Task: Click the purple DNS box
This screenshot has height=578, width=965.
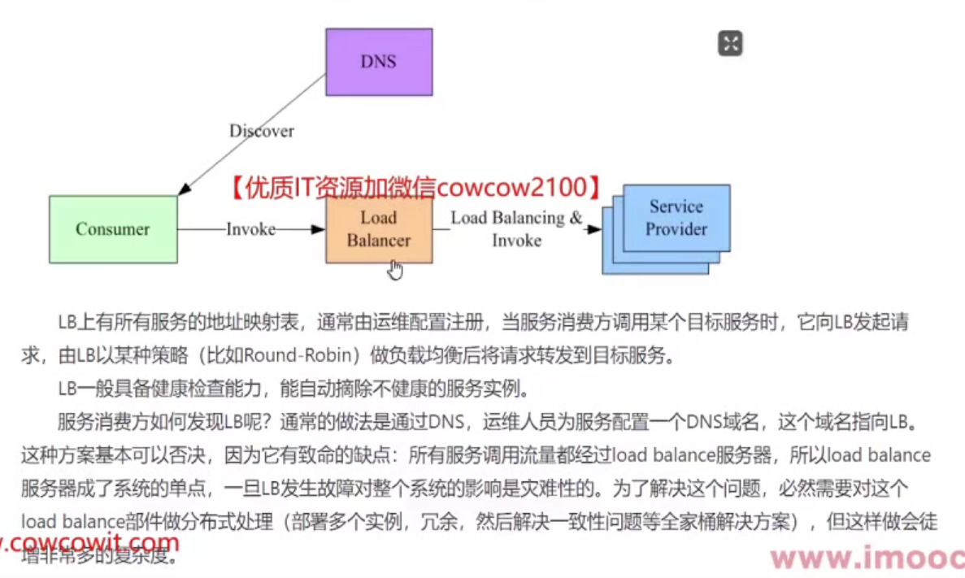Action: point(379,62)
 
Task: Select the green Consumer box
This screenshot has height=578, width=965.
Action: point(113,229)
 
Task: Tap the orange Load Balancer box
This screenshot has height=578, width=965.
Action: point(379,229)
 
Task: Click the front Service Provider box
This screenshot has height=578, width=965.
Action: point(676,217)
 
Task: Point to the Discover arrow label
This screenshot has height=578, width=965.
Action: point(261,131)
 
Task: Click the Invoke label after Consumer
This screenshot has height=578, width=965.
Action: point(250,230)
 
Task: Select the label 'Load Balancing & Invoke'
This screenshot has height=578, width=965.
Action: point(517,228)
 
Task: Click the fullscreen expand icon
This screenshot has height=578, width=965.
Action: point(730,43)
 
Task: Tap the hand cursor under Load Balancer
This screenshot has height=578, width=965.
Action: point(395,269)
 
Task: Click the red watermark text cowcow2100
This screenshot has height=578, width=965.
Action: point(511,188)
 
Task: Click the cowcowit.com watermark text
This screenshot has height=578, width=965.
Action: point(89,541)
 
